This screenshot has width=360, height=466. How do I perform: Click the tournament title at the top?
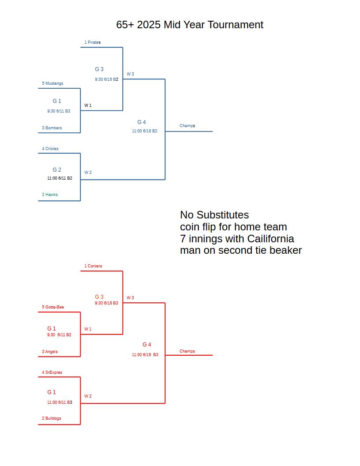[190, 25]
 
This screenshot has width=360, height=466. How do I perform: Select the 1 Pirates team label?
[92, 42]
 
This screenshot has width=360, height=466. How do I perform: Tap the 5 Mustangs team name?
[52, 83]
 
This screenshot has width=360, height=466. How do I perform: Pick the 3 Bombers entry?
[52, 128]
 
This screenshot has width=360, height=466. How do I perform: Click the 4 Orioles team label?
[50, 149]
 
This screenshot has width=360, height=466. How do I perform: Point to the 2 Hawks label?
[50, 194]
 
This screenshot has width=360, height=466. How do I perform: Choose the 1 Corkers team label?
[93, 266]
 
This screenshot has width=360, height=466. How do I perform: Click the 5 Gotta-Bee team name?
[53, 307]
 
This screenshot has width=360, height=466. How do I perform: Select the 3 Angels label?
[50, 352]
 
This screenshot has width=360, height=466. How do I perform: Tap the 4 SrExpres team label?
[52, 372]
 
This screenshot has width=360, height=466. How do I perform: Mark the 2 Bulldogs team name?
[51, 418]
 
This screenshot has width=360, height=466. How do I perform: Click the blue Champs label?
[187, 126]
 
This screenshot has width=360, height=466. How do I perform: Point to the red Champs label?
[187, 351]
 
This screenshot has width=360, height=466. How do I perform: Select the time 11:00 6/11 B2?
[60, 178]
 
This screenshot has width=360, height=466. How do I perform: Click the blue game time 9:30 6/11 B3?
[59, 111]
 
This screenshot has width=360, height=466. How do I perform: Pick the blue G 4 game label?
[141, 122]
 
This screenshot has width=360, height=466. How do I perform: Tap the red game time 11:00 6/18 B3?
[145, 354]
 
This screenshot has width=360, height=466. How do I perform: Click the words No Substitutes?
[214, 215]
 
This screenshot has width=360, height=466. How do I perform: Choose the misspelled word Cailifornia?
[270, 239]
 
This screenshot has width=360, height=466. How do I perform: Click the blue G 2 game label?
[57, 170]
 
